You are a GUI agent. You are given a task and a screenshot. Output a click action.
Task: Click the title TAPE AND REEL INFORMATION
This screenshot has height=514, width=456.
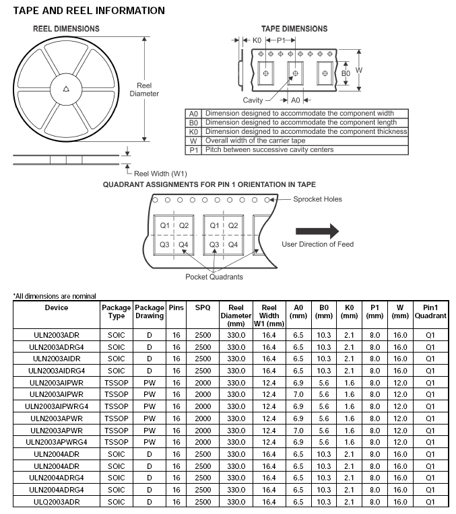click(x=89, y=11)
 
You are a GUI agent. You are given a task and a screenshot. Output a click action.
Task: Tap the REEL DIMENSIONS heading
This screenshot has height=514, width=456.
click(x=66, y=29)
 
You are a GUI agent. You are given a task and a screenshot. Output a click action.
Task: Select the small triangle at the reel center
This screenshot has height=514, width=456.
click(x=65, y=88)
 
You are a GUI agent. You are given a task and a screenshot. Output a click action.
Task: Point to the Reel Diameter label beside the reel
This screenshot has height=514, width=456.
click(x=144, y=89)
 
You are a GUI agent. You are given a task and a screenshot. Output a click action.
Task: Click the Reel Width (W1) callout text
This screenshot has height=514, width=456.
click(x=161, y=174)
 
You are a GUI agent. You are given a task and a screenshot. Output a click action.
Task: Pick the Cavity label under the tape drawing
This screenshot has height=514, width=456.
click(x=253, y=100)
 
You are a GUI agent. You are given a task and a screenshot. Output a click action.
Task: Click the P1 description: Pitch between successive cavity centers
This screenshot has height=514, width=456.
click(x=269, y=150)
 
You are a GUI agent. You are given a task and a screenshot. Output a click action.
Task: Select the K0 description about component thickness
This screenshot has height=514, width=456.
click(x=306, y=132)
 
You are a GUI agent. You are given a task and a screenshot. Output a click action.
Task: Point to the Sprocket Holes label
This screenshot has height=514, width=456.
click(x=317, y=199)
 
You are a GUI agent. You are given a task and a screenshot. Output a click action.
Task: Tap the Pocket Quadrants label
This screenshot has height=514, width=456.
click(x=214, y=277)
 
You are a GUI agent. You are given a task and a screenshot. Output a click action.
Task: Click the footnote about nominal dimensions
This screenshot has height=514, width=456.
click(x=54, y=296)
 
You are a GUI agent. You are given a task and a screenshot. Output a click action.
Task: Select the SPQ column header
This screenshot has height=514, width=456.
click(x=203, y=307)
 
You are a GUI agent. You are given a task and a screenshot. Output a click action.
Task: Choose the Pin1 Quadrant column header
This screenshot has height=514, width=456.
click(x=430, y=311)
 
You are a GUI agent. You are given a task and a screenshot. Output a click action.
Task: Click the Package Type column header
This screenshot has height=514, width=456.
click(x=117, y=311)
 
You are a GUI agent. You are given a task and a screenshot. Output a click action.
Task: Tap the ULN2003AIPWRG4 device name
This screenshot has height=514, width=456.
click(x=57, y=406)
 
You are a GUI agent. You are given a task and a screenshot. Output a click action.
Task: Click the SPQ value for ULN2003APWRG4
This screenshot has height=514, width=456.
click(x=203, y=442)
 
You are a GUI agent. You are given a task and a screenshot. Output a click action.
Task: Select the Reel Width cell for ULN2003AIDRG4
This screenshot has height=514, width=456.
click(x=269, y=370)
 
